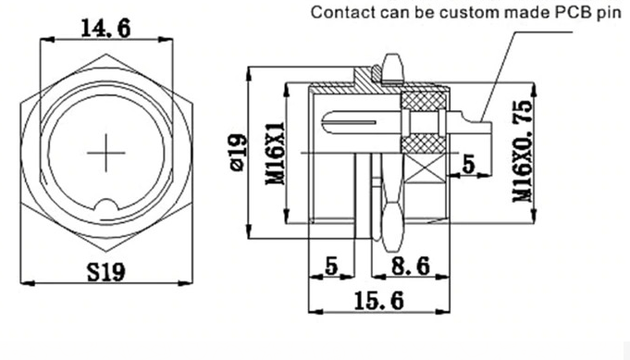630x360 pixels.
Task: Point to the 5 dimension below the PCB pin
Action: point(468,165)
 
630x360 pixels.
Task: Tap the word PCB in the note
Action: point(581,13)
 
